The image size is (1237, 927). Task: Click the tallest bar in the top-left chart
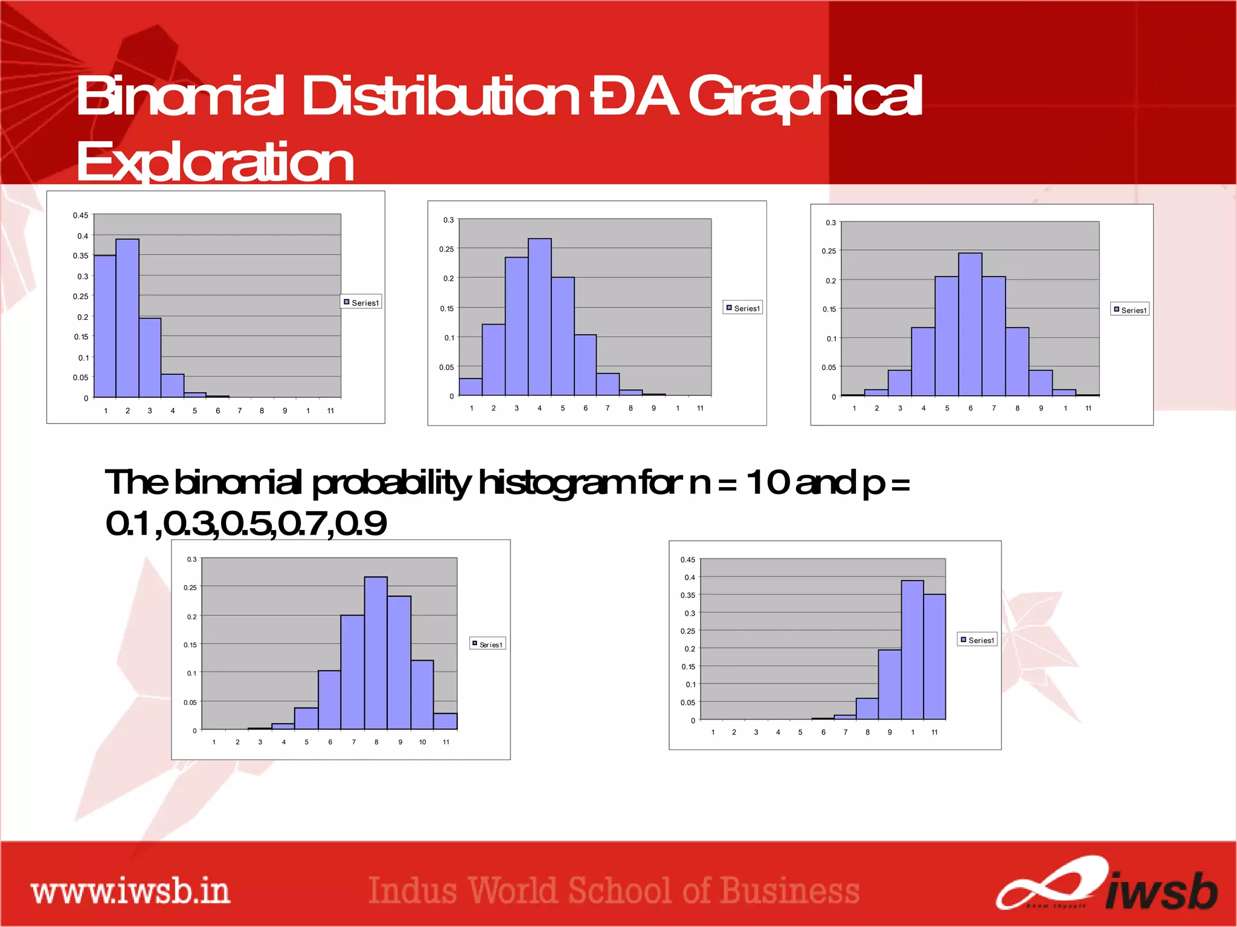[127, 318]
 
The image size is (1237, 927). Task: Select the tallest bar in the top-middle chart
[539, 317]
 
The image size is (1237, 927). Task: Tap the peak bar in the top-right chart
[970, 325]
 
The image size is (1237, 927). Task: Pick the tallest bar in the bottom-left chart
[376, 653]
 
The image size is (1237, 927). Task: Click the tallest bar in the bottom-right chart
[912, 650]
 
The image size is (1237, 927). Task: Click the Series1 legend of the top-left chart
[361, 302]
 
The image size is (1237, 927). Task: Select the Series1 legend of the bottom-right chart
[977, 640]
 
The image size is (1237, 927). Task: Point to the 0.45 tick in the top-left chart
[80, 215]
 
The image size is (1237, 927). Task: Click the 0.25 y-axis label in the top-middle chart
[446, 249]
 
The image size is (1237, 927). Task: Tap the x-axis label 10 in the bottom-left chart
[422, 742]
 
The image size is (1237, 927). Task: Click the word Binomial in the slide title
[180, 97]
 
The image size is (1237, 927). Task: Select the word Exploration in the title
[215, 162]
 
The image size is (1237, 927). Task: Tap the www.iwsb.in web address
[130, 891]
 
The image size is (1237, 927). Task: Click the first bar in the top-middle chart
[471, 387]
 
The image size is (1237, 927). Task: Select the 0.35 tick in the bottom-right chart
[687, 595]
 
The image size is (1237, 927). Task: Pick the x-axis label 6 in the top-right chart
[971, 409]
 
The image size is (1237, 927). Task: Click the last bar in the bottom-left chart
[445, 721]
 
